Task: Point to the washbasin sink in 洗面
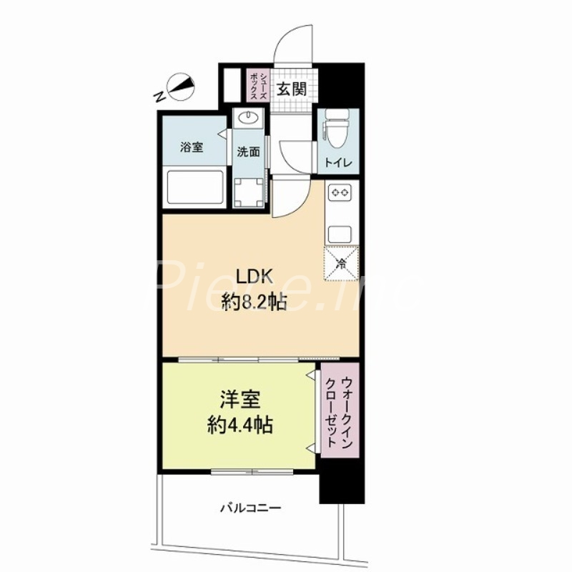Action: click(248, 119)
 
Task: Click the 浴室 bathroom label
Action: click(192, 148)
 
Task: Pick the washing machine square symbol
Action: click(249, 191)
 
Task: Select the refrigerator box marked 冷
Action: click(340, 262)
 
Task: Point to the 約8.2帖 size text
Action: click(255, 304)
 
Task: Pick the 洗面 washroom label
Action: click(248, 152)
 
